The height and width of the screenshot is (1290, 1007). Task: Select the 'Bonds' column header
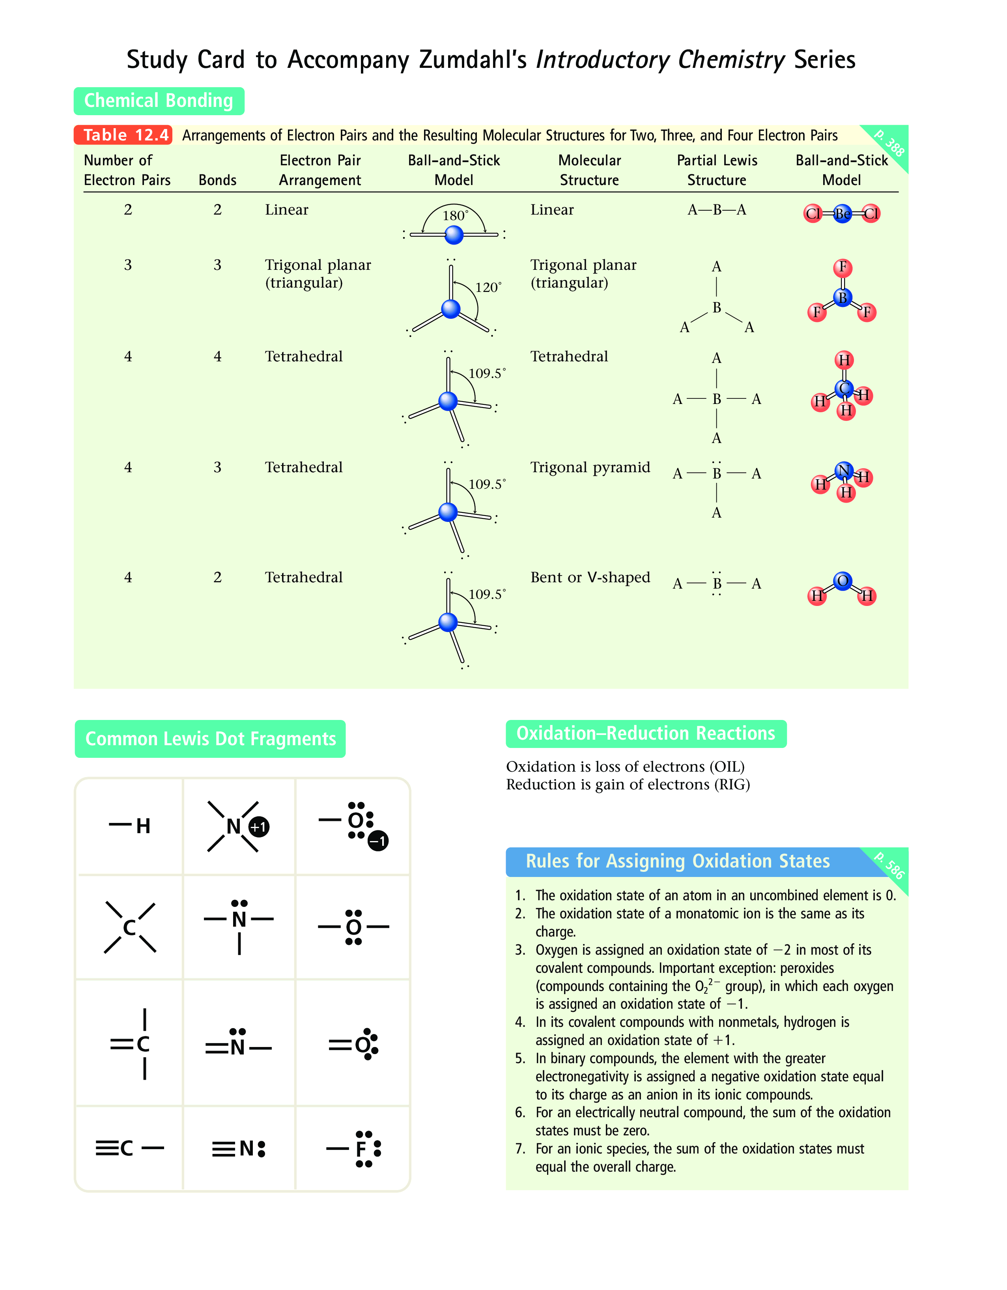[x=217, y=180]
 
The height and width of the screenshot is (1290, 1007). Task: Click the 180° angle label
[x=455, y=215]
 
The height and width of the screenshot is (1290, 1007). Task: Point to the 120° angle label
[x=488, y=288]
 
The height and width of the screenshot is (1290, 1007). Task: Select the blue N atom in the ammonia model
[x=844, y=471]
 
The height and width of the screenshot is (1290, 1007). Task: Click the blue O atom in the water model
[x=843, y=581]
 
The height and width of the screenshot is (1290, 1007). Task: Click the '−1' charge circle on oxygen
[x=378, y=841]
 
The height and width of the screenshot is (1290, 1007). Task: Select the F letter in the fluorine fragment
[x=361, y=1150]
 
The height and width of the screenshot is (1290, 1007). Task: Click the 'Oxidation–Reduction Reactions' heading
[x=646, y=734]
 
